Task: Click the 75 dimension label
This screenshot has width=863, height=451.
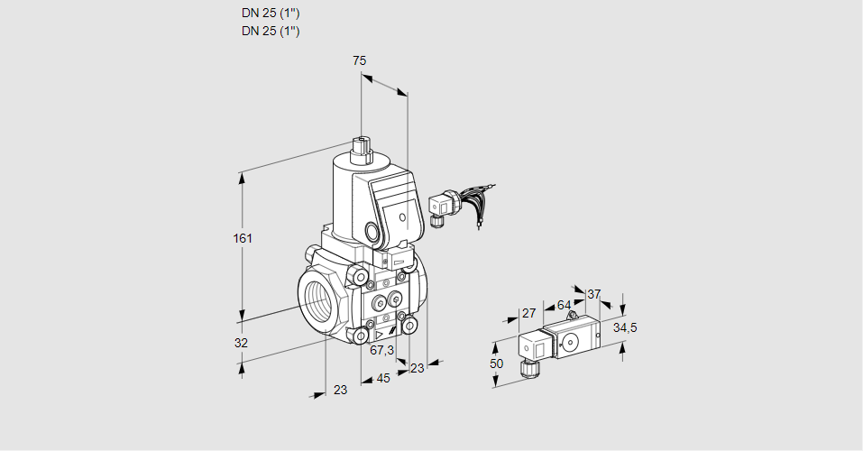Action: click(x=359, y=60)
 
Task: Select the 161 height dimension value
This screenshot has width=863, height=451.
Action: click(x=243, y=238)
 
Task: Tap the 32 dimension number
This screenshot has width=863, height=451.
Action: click(x=241, y=343)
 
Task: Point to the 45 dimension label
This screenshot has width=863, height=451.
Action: click(x=383, y=378)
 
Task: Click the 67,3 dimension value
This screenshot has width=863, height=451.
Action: click(x=381, y=350)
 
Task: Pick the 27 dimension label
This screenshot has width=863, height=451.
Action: click(x=529, y=313)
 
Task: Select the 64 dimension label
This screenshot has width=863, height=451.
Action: click(x=564, y=305)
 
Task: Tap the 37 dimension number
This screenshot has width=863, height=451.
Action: click(x=593, y=294)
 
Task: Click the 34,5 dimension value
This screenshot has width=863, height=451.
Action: click(x=625, y=327)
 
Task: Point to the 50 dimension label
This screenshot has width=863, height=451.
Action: click(x=495, y=363)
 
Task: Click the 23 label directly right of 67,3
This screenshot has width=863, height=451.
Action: click(x=417, y=367)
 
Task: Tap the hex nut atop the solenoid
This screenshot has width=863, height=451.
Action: click(x=362, y=148)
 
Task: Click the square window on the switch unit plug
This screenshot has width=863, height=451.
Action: click(x=529, y=346)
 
